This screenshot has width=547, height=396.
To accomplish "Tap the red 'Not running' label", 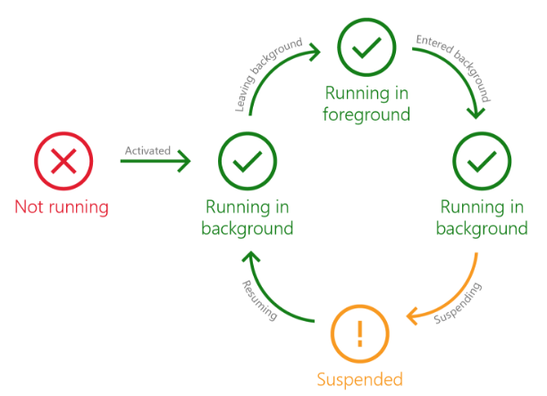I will [x=61, y=206].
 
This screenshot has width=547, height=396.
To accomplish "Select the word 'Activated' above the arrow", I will [x=147, y=150].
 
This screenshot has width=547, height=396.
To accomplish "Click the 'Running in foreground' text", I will [x=367, y=104].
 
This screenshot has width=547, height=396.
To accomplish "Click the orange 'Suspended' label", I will [x=361, y=378].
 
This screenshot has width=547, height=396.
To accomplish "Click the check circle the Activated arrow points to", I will [x=246, y=162].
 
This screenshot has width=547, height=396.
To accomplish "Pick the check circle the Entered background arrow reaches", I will [x=482, y=162].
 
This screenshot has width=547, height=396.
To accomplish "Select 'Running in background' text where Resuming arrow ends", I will [x=247, y=218].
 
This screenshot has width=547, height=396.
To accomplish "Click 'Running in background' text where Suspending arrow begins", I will [x=482, y=218].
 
